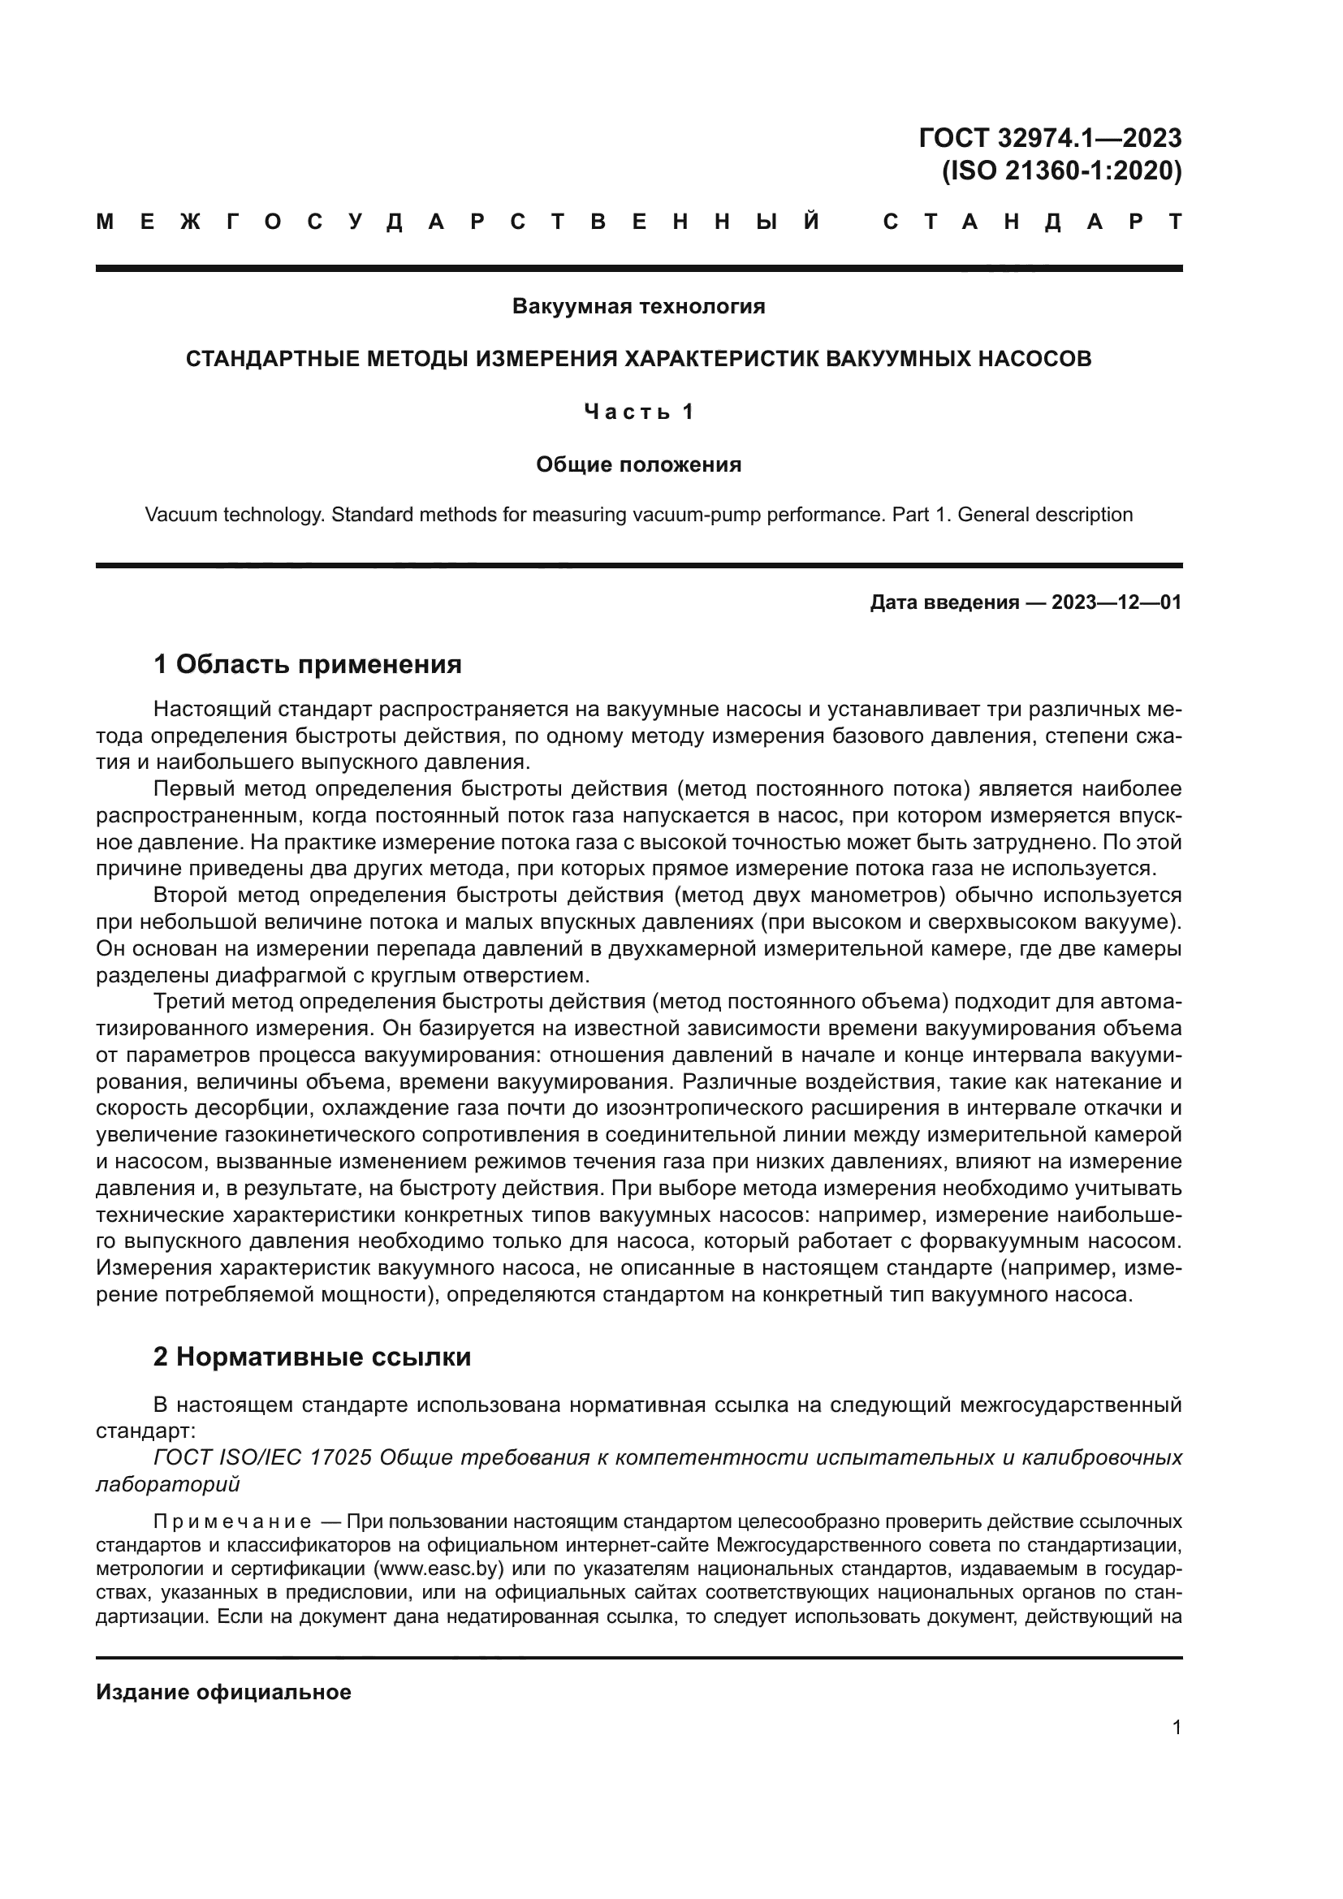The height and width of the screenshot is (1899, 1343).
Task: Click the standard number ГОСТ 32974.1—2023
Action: coord(1049,137)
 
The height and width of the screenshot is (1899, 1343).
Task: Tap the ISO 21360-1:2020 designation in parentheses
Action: coord(1062,170)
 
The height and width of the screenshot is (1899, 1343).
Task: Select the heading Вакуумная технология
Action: coord(638,306)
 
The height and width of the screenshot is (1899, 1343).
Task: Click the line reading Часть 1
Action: coord(638,411)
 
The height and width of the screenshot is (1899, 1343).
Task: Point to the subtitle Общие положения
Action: coord(638,464)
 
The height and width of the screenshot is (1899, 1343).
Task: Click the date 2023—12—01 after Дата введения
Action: coord(1116,602)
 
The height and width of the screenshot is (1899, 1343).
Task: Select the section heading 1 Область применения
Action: coord(308,663)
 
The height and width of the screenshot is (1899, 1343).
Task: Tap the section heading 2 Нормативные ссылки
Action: coord(312,1357)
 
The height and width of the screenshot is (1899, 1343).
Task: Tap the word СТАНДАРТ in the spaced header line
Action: coord(1032,222)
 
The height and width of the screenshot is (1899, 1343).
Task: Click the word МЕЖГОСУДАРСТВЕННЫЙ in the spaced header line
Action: coord(459,222)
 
